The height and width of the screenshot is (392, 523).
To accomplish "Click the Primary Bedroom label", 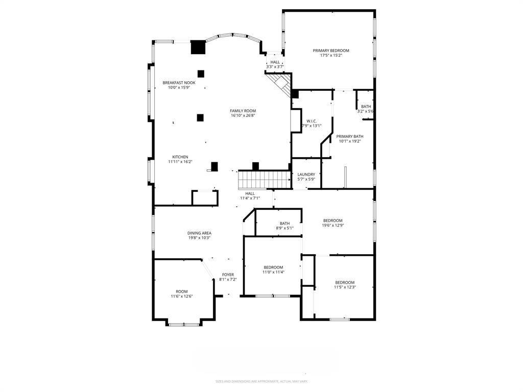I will coord(331,51).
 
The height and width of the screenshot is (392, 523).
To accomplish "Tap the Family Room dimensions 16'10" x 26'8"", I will coord(243,115).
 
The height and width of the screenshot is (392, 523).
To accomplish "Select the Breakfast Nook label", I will coord(179,83).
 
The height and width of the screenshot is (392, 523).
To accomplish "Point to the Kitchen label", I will coord(180,157).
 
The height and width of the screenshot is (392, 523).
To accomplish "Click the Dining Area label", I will coord(199,233).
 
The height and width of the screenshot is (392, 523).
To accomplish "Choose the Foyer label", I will coord(228,275).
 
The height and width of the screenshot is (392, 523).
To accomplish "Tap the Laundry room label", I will coord(306,175).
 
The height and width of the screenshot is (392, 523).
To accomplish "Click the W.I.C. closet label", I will coord(312,121).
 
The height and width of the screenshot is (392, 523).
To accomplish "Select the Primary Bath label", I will coord(350,136).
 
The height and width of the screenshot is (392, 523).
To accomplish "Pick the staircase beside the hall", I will coord(265,179).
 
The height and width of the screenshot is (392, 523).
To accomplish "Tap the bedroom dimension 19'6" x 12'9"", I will coord(332,225).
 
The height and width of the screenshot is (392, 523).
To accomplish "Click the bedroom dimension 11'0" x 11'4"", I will coord(273,272).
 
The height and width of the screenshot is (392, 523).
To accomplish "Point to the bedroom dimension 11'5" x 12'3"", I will coord(345,287).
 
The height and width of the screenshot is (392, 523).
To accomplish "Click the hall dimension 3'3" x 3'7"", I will coord(275,67).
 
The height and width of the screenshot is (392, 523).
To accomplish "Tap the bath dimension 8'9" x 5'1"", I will coord(284,228).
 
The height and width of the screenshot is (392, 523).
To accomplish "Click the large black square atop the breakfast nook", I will coord(198,47).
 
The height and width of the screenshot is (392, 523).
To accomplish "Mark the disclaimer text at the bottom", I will coord(261,381).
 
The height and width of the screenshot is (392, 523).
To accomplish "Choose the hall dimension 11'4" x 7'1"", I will coord(250,198).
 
